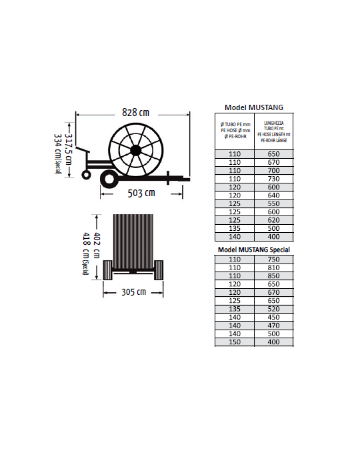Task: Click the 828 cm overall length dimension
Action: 135,113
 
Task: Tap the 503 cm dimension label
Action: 141,193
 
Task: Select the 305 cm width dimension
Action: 133,292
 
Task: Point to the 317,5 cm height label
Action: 69,149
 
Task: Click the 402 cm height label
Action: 97,245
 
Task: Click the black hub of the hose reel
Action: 136,150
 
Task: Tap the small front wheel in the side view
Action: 86,175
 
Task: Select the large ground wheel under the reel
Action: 109,179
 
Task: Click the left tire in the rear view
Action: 108,270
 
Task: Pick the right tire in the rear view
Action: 159,270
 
